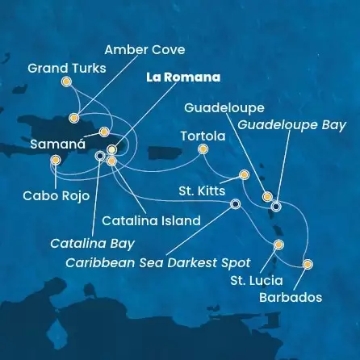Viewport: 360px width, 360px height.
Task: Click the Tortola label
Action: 201,135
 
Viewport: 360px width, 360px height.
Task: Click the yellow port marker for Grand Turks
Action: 66,82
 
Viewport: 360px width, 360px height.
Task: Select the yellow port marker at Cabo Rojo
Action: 55,160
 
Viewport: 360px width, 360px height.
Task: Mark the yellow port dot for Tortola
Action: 203,149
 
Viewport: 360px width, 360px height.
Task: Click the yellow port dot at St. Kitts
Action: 245,174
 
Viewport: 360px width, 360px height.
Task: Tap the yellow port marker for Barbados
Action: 307,264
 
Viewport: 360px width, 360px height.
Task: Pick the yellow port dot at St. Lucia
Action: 278,244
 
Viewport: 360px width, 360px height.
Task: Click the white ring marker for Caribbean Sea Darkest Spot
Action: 235,204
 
